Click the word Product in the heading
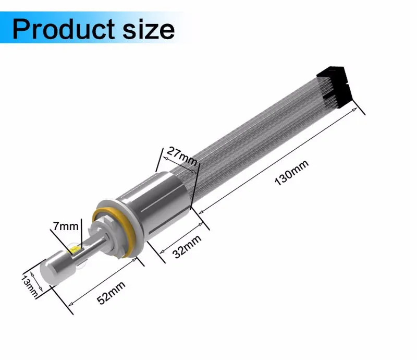63,29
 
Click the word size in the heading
149,29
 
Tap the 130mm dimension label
291,173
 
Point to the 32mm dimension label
187,247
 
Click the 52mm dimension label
111,293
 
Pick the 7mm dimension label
66,226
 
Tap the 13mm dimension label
29,286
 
